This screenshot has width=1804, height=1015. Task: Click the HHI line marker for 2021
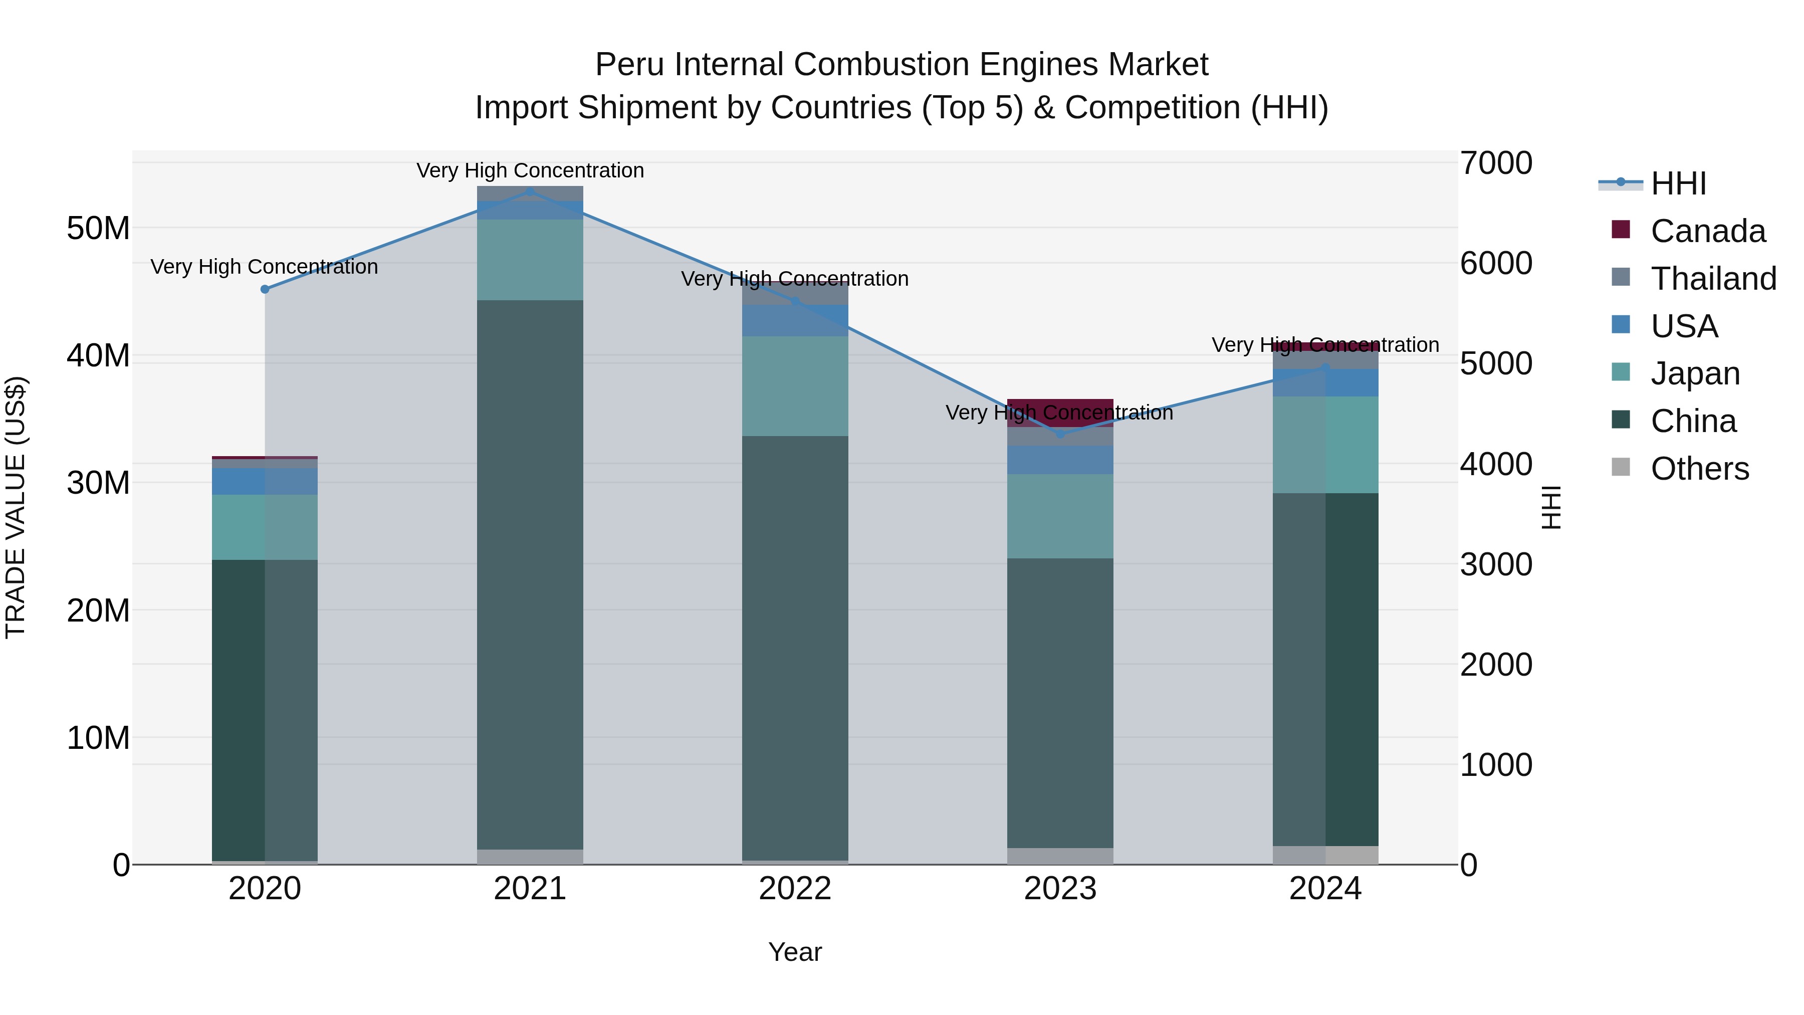click(530, 191)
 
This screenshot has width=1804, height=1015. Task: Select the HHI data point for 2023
click(1060, 434)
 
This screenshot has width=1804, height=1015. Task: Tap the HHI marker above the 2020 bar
click(265, 289)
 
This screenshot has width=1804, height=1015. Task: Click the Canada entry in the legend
click(1707, 231)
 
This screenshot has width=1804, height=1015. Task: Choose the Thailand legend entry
click(1713, 279)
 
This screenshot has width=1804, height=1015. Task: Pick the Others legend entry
click(1700, 469)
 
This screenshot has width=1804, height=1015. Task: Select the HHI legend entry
click(1678, 183)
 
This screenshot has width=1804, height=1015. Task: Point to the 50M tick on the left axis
click(98, 229)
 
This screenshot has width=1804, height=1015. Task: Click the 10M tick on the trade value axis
click(98, 738)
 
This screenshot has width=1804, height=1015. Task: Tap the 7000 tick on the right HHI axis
click(1496, 163)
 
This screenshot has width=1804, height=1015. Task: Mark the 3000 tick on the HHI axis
click(1496, 564)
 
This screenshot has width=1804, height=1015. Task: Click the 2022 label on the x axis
click(795, 889)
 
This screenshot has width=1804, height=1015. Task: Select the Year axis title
click(795, 952)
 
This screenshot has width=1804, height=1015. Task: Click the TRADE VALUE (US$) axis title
click(16, 507)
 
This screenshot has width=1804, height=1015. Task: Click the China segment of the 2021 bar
click(530, 574)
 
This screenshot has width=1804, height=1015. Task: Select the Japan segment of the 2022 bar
click(795, 386)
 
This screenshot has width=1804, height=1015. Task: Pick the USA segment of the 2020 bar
click(265, 482)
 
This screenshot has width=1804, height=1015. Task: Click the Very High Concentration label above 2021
click(530, 170)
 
